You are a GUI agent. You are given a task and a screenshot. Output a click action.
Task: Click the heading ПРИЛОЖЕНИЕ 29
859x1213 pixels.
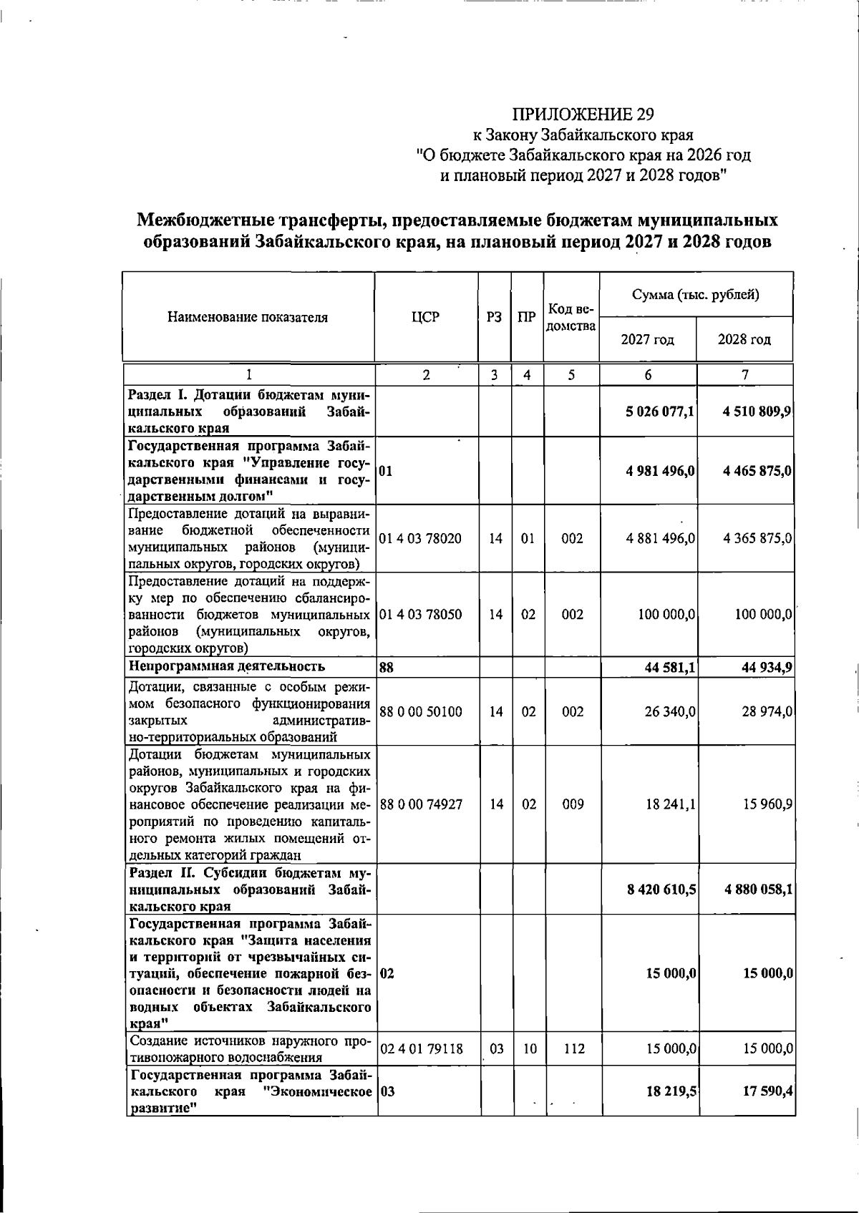pos(583,115)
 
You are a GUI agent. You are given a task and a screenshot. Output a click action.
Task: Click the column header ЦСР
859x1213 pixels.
pos(426,318)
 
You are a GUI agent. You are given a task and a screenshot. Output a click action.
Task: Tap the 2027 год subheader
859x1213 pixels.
pos(648,340)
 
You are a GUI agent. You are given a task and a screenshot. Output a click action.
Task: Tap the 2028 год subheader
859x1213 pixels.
pos(744,340)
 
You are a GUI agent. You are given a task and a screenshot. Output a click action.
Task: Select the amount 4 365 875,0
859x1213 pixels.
pos(757,538)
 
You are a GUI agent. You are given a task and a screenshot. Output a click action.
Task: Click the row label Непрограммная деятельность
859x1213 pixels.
pos(226,666)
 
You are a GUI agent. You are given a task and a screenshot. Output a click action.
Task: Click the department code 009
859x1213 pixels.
pos(572,804)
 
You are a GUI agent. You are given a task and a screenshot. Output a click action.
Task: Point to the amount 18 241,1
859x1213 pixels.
pos(671,804)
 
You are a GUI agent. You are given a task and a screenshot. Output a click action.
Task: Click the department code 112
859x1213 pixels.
pos(572,1049)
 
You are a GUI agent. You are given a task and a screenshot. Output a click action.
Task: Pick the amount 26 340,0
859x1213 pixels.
pos(671,712)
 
